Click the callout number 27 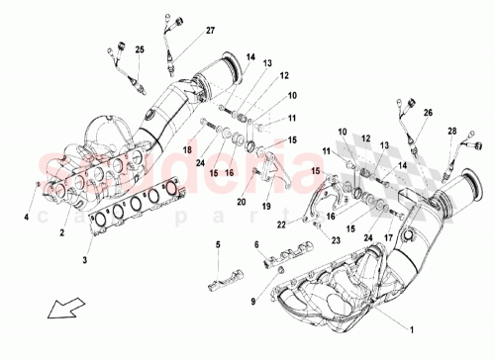click(210, 33)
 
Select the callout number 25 click(140, 49)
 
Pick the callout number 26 click(429, 113)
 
